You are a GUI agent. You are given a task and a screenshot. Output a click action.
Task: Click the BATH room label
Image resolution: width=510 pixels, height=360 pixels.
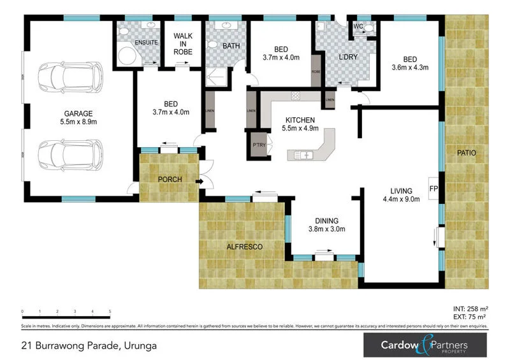click(x=230, y=46)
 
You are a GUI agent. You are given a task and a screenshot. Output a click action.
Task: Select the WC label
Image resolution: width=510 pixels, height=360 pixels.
click(x=358, y=26)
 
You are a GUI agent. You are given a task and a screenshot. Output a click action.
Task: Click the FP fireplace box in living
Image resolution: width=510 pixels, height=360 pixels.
click(x=433, y=189)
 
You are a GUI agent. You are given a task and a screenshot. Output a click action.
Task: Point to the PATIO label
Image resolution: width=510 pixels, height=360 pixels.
click(x=466, y=153)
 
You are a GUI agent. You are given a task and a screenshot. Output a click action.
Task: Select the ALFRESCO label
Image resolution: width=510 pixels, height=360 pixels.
click(x=245, y=246)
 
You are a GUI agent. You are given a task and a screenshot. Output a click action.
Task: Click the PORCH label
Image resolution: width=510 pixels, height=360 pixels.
click(x=170, y=180)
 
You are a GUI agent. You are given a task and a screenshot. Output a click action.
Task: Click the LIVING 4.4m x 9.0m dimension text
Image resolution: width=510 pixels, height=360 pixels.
click(x=402, y=198)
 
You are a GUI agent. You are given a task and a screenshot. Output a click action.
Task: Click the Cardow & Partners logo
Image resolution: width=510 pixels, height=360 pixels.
click(x=425, y=345)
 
